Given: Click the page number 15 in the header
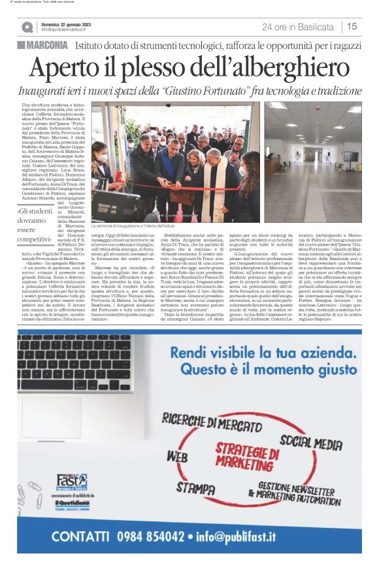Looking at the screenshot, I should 352,27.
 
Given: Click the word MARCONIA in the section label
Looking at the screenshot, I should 48,45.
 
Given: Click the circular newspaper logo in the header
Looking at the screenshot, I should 27,27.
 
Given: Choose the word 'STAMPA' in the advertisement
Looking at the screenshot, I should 196,488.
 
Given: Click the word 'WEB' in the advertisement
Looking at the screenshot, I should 177,456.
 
